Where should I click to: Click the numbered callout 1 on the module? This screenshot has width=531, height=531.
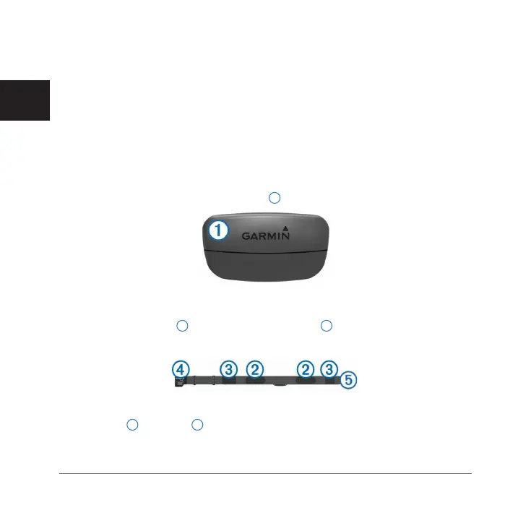[218, 230]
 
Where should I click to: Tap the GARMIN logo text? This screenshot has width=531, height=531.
[268, 236]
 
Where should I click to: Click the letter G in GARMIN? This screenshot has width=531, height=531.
[246, 236]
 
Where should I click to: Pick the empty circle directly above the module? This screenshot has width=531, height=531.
[274, 197]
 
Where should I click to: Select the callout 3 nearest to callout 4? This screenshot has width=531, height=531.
[229, 369]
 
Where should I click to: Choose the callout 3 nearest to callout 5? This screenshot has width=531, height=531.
[329, 369]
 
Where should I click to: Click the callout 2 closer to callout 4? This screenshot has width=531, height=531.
[254, 369]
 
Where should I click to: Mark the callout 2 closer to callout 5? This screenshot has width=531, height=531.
[306, 369]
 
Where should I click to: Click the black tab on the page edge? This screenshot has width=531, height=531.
[25, 101]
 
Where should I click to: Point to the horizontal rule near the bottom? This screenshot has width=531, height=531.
[264, 474]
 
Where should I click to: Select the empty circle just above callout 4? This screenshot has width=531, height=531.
[182, 326]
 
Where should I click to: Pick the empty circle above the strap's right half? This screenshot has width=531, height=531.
[326, 326]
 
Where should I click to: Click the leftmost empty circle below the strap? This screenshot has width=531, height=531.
[132, 425]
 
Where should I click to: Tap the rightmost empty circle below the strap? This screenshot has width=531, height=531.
[197, 425]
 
